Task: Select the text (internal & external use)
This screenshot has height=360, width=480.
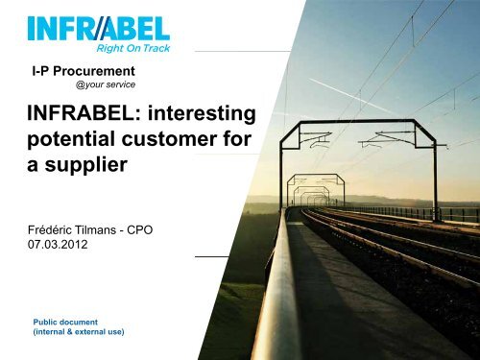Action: click(80, 333)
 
